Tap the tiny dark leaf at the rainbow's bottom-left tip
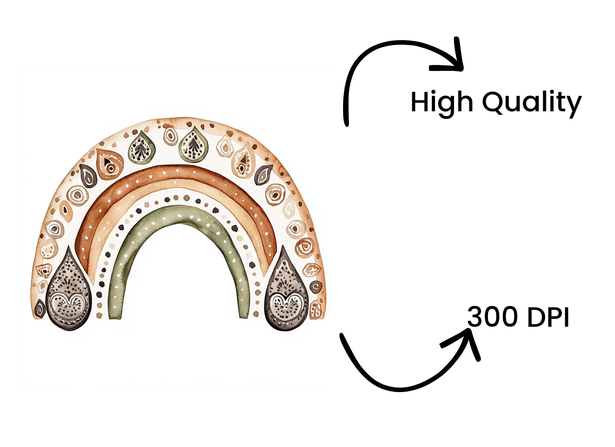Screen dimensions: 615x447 (40, 309)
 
